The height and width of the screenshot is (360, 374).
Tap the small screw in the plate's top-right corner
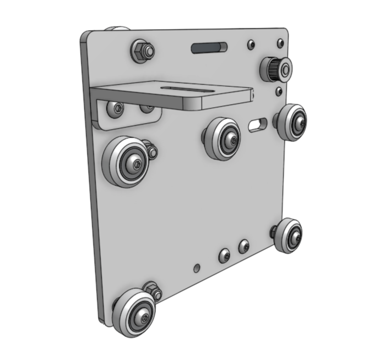280,43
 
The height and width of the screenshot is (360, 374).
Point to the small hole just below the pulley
278,91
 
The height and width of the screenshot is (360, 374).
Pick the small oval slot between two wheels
258,124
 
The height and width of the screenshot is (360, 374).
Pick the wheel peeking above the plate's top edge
117,29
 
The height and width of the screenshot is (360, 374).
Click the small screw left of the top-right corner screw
251,44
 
